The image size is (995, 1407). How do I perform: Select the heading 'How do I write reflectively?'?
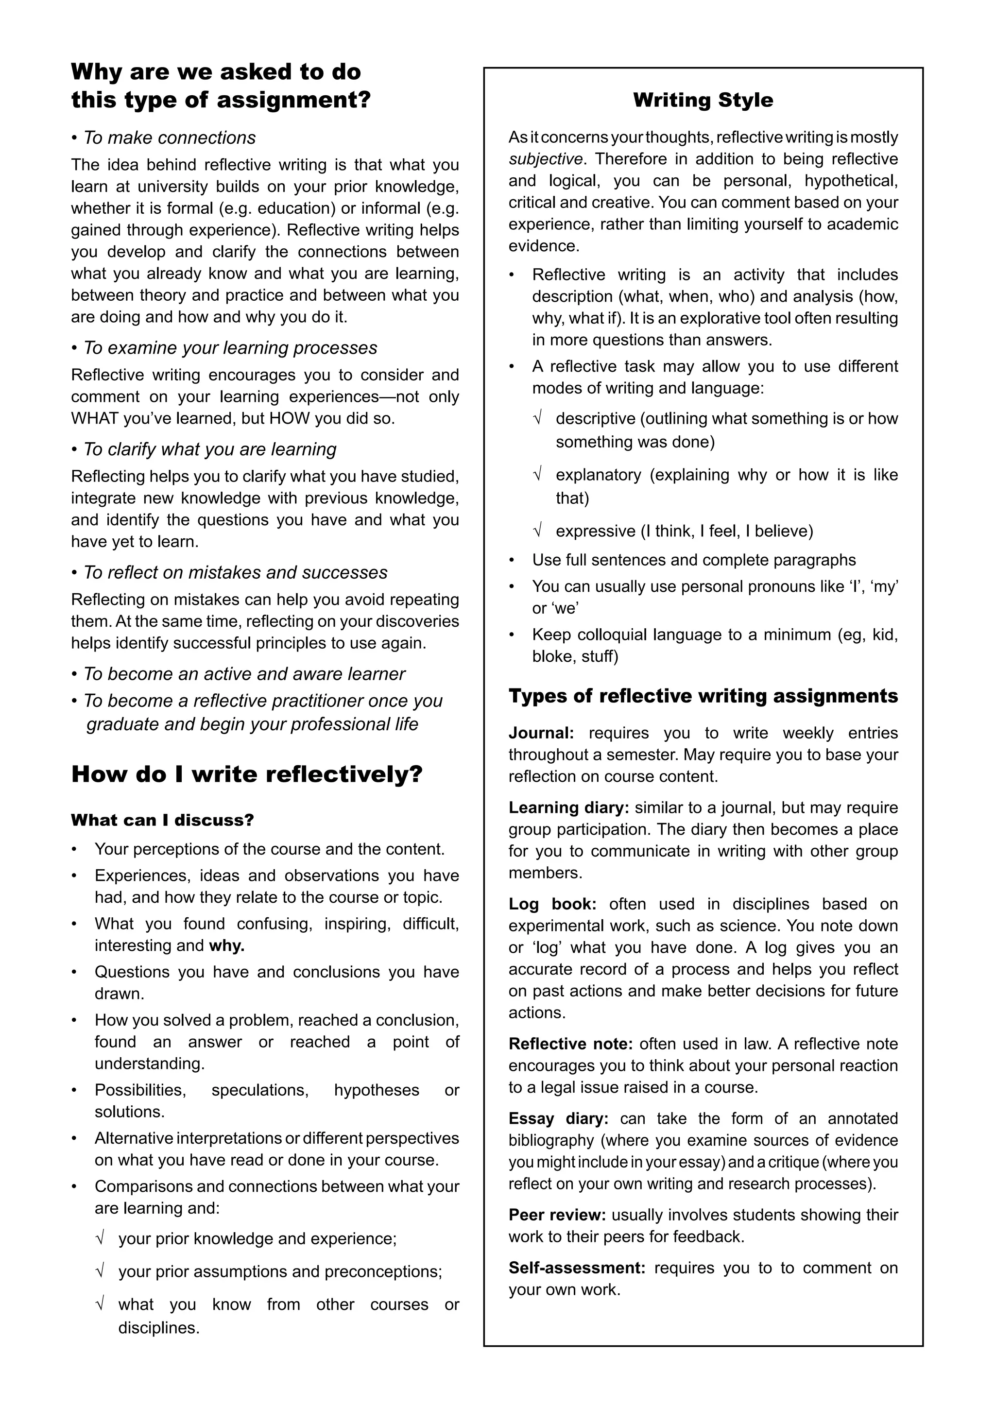tap(247, 774)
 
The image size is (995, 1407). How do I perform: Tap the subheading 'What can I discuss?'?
tap(162, 820)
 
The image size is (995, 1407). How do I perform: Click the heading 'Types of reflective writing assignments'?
tap(703, 696)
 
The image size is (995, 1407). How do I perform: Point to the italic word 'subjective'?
tap(545, 159)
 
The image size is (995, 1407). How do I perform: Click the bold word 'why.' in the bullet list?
tap(227, 945)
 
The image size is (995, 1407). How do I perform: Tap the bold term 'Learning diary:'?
tap(568, 807)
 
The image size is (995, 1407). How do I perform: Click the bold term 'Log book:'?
tap(552, 904)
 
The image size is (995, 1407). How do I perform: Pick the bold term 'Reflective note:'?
tap(570, 1044)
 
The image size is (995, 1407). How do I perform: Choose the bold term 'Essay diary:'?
tap(558, 1118)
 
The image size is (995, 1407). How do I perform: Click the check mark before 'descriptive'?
tap(537, 418)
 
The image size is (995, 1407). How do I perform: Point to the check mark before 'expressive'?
tap(537, 531)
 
